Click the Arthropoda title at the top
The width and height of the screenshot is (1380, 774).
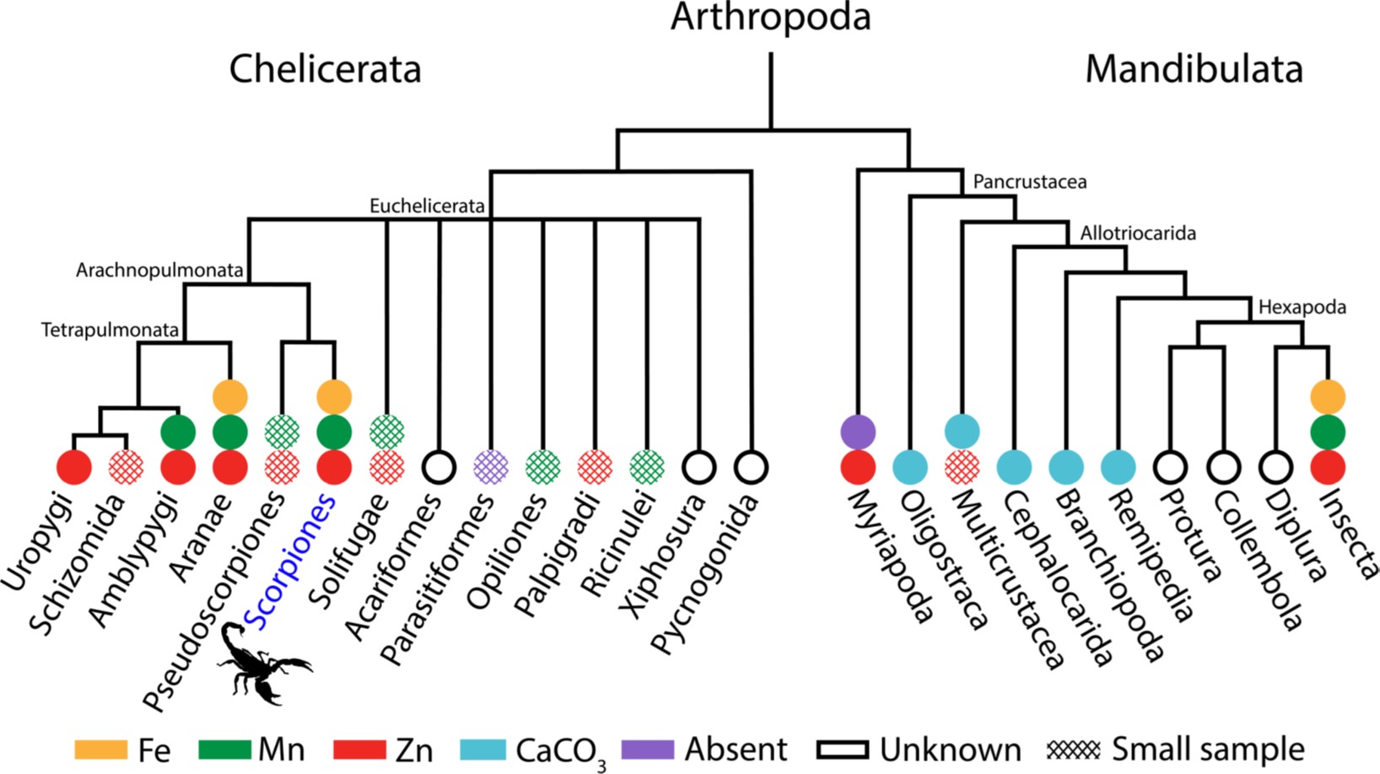(771, 17)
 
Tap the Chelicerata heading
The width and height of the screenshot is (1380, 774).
(326, 69)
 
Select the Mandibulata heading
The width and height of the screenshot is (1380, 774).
(1194, 69)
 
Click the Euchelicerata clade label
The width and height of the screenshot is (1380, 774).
(426, 207)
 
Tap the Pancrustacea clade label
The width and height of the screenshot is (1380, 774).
(1029, 182)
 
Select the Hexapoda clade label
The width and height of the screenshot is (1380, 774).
(1302, 307)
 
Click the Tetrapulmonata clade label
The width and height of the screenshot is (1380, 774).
(110, 331)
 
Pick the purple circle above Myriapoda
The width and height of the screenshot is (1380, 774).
(858, 432)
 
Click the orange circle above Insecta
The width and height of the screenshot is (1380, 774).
(1328, 396)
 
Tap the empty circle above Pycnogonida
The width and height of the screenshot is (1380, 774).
(751, 467)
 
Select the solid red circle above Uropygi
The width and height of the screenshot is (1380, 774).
(74, 467)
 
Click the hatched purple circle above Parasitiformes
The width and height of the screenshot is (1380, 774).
(491, 467)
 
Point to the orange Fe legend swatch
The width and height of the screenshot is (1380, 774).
(101, 750)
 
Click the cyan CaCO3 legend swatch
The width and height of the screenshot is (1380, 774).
(483, 750)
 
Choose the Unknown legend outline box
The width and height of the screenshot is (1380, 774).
(843, 750)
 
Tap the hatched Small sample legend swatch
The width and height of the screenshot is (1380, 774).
(1074, 750)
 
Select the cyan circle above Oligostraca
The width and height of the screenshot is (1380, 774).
(910, 467)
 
